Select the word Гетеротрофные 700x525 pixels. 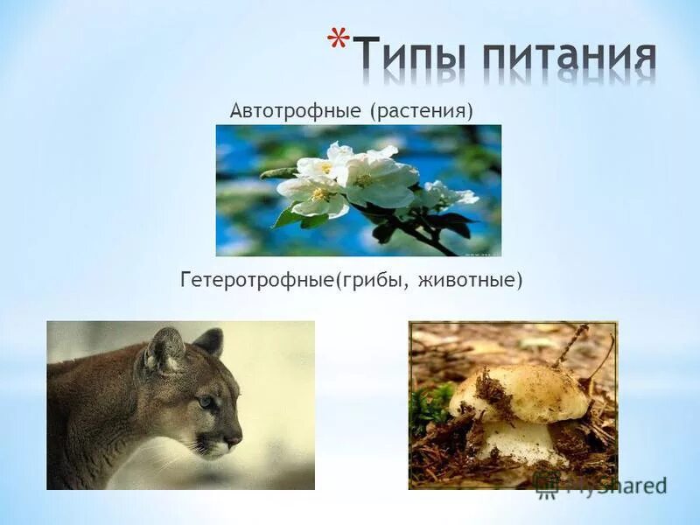pyautogui.click(x=258, y=281)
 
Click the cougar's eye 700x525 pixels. pyautogui.click(x=206, y=402)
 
